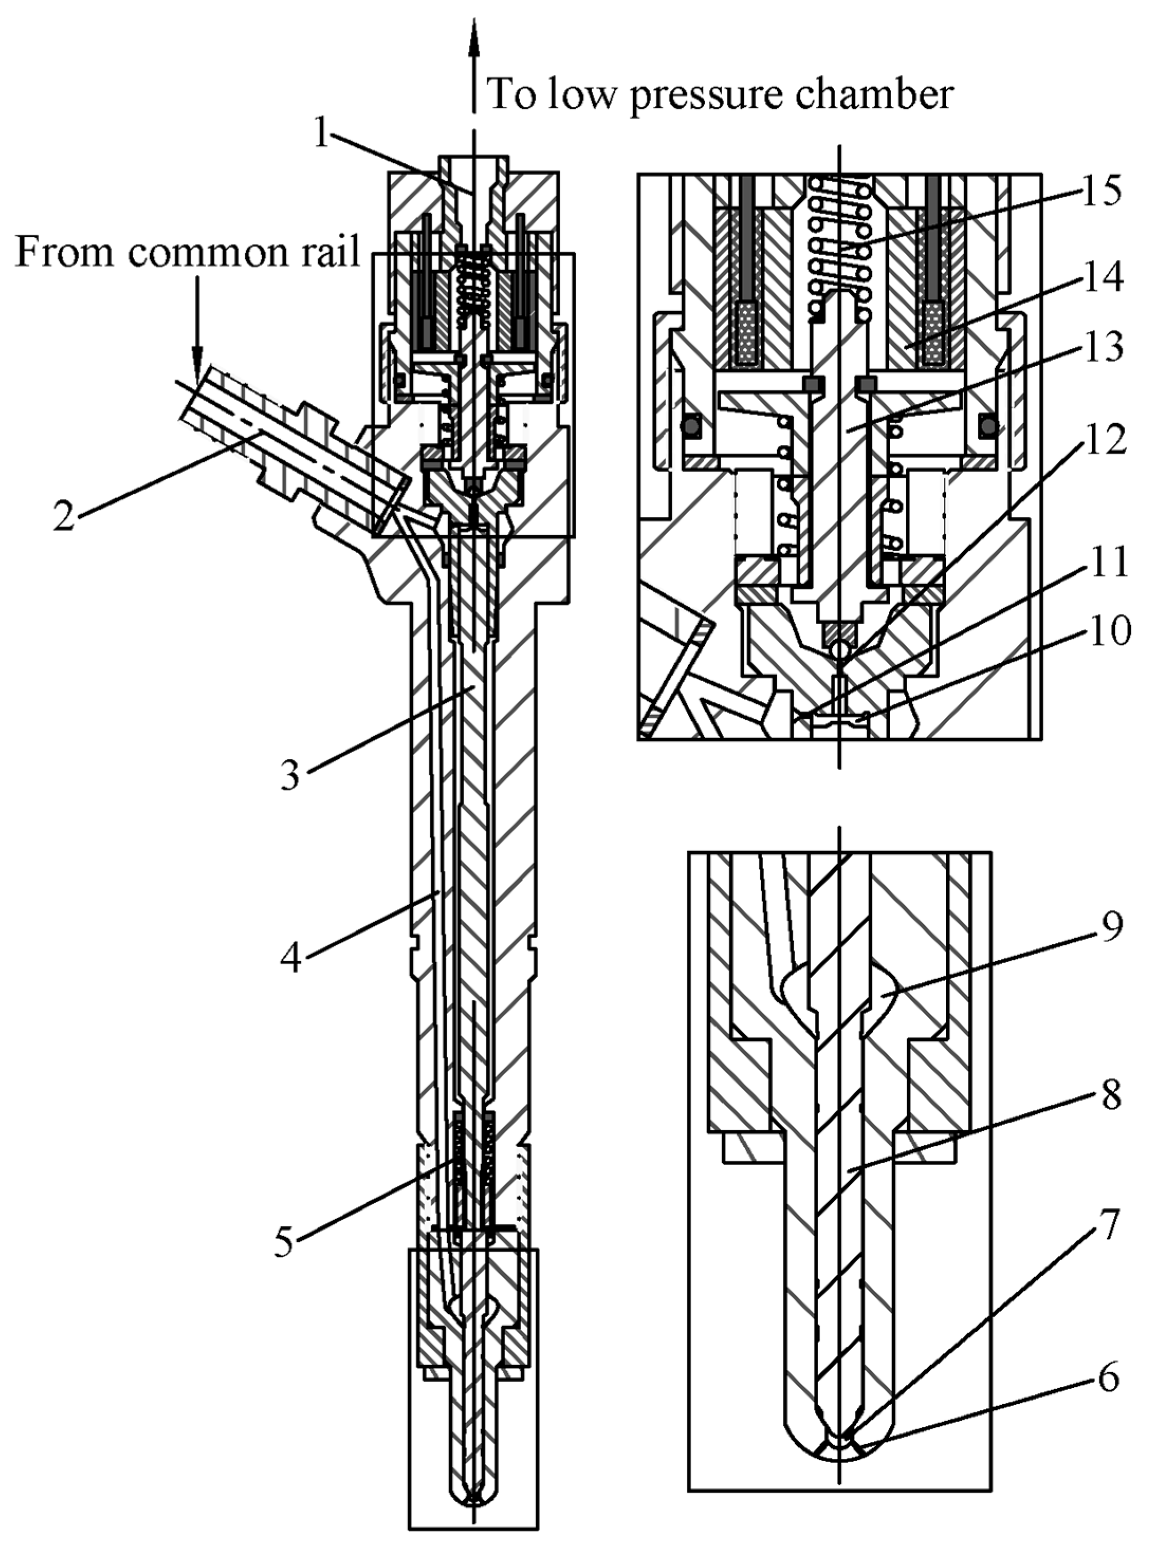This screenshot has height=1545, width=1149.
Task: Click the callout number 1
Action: (321, 133)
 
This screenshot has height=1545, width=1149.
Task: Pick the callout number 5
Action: (284, 1242)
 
